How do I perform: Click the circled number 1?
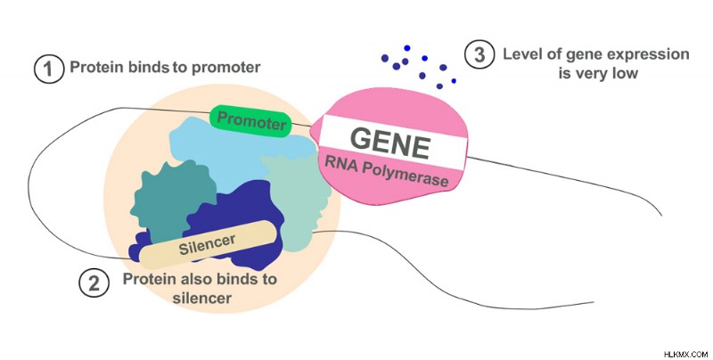point(49,69)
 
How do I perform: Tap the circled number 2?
point(94,282)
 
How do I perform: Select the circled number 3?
point(479,54)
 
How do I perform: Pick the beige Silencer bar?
point(208,244)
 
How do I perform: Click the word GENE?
point(390,143)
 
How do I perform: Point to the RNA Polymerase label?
point(387,171)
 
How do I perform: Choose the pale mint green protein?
point(298,200)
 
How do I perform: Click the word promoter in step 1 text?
point(226,68)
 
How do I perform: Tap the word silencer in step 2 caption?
point(201,299)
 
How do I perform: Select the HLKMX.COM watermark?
point(686,354)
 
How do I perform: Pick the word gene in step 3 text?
point(580,56)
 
